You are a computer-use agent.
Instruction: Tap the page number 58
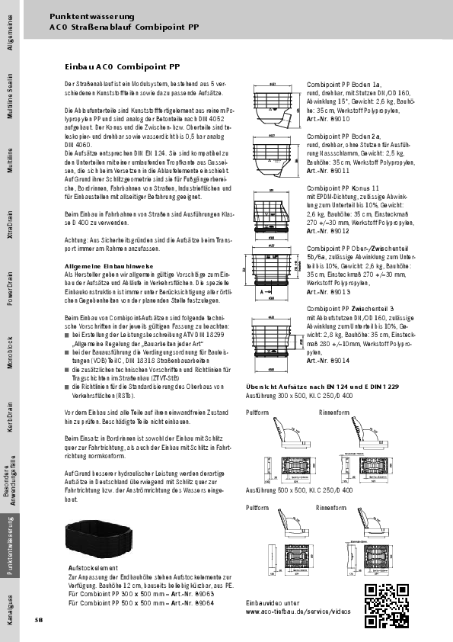point(38,619)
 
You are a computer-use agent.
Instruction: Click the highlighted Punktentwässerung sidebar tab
point(10,546)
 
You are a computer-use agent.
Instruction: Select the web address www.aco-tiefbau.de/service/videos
point(298,612)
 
